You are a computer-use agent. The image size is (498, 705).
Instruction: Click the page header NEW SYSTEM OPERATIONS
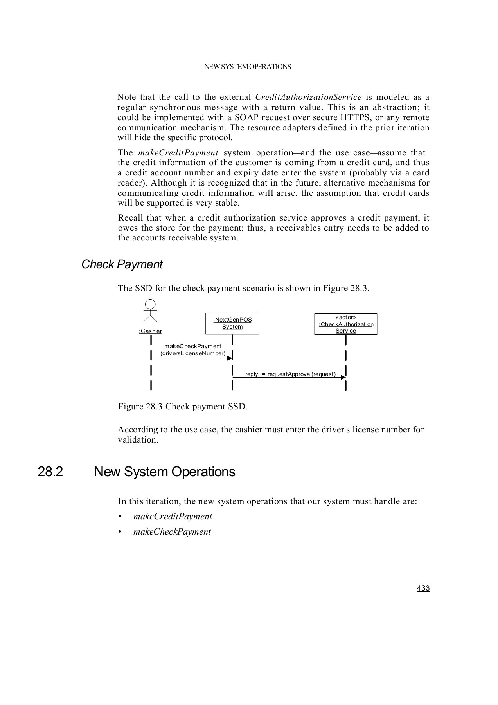coord(247,67)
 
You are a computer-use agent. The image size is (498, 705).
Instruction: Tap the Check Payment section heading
coord(122,264)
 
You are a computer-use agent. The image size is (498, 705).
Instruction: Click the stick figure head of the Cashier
coord(150,304)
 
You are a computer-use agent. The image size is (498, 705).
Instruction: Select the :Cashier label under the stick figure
coord(150,331)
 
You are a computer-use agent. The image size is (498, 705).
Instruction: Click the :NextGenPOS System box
coord(232,324)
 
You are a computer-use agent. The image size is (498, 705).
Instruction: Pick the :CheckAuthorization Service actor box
coord(346,324)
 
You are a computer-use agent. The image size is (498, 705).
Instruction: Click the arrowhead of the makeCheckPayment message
coord(230,358)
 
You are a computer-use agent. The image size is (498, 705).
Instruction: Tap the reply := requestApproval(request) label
coord(290,374)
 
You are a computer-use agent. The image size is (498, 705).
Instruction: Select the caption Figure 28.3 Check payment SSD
coord(183,407)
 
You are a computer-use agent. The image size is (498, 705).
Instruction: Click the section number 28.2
coord(50,472)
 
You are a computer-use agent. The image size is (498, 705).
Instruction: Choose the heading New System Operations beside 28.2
coord(165,472)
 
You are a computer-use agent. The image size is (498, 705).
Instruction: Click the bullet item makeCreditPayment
coord(173,517)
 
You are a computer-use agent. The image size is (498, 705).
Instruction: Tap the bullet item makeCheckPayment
coord(172,532)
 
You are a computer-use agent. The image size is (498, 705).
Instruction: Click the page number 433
coord(423,588)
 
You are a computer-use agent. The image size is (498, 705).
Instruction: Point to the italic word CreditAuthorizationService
coord(308,98)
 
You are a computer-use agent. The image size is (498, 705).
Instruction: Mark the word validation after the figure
coord(138,440)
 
